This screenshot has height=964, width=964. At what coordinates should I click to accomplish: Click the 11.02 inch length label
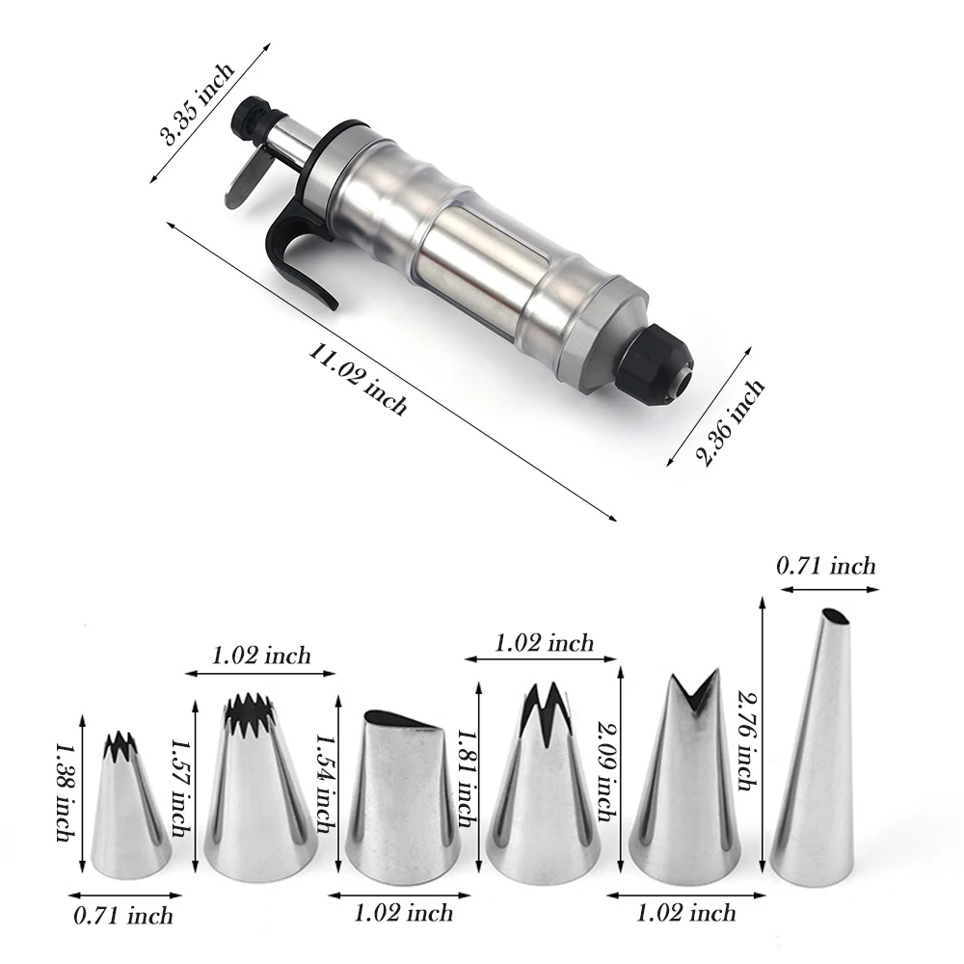358,379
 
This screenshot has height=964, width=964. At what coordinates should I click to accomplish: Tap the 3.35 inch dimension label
197,103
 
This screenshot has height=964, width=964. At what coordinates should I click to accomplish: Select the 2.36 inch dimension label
730,422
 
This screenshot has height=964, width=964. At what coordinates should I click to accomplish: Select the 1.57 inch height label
179,787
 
